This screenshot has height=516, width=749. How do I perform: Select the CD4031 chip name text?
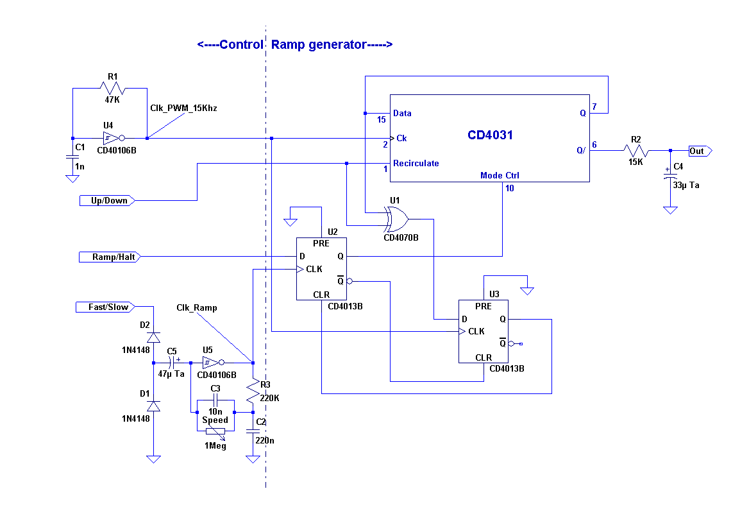[x=490, y=135]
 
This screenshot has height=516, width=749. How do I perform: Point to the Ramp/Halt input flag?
[x=109, y=257]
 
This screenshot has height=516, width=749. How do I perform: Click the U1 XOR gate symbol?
[x=396, y=219]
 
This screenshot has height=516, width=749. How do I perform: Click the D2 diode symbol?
[x=153, y=337]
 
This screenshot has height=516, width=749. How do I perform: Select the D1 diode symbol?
[x=153, y=406]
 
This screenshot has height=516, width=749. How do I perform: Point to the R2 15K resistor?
[x=635, y=151]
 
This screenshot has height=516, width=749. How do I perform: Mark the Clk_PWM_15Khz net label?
[x=183, y=108]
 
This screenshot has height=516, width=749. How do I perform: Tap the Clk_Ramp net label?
[x=197, y=308]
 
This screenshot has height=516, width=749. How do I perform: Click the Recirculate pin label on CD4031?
[x=416, y=164]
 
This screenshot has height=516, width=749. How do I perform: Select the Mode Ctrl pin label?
[x=500, y=175]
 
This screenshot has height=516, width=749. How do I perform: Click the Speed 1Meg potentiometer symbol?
[x=215, y=431]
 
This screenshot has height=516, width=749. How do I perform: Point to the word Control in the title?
[x=240, y=45]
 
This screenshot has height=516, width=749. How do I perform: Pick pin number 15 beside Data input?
[x=382, y=120]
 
